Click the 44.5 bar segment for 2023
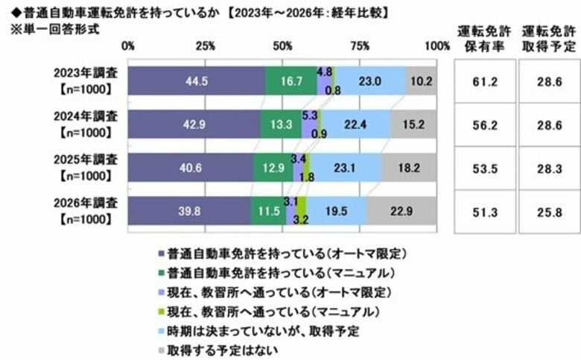[197, 80]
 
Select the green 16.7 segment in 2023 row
[290, 80]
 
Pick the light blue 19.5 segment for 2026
[336, 211]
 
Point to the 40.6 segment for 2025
[191, 168]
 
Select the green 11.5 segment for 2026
[269, 211]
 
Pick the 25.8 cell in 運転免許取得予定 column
[549, 211]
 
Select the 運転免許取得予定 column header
[549, 38]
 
